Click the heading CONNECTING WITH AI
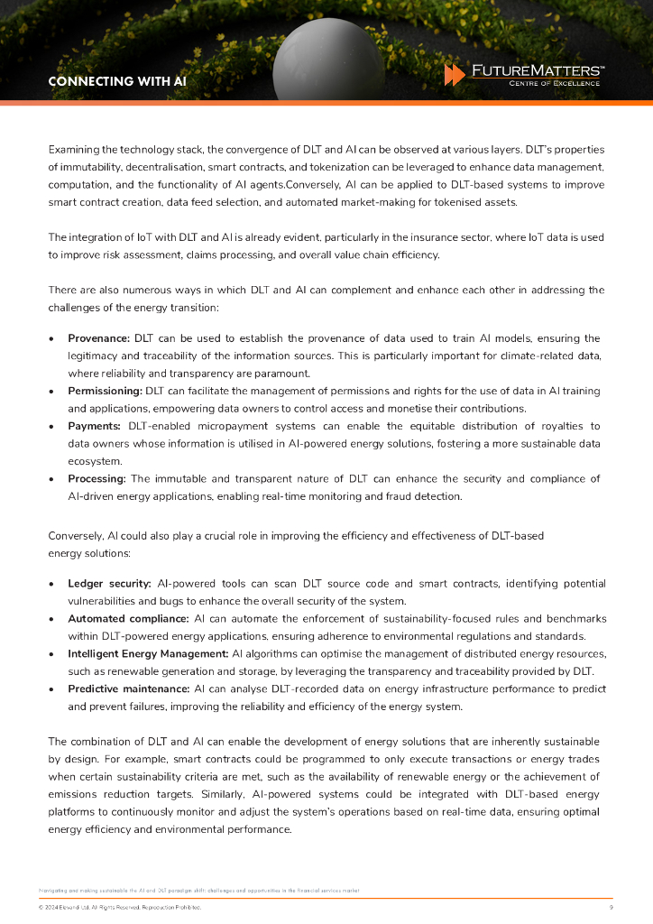coord(117,81)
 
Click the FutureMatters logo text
coord(538,69)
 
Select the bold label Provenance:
coord(99,338)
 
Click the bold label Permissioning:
coord(105,391)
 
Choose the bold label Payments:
coord(95,426)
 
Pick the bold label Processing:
coord(97,478)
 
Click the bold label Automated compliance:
coord(128,619)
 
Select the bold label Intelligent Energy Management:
coord(148,653)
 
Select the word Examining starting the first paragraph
coord(74,149)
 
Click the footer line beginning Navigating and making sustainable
coord(198,890)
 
